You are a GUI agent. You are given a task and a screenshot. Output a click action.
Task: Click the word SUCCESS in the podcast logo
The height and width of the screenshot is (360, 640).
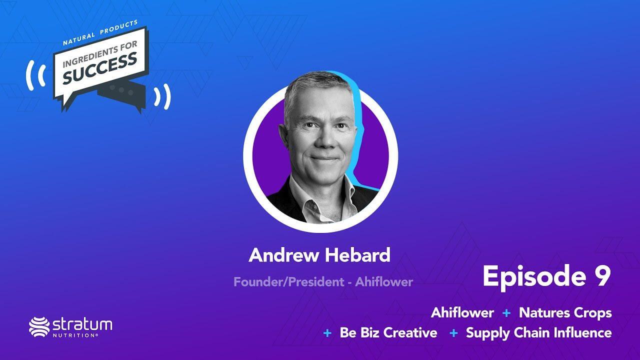(x=100, y=68)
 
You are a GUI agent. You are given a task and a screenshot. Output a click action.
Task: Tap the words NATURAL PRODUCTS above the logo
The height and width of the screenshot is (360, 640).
(x=100, y=32)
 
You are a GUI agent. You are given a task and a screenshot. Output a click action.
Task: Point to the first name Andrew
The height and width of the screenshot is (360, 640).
(x=283, y=255)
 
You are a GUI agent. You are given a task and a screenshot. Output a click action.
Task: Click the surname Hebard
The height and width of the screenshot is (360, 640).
(x=357, y=255)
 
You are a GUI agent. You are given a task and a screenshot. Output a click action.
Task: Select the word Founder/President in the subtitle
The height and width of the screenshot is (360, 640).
(x=289, y=282)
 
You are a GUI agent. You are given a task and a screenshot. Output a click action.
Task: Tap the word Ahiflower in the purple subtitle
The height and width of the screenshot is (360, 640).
(x=384, y=282)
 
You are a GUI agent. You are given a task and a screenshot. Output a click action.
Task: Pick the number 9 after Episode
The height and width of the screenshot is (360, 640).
(x=602, y=276)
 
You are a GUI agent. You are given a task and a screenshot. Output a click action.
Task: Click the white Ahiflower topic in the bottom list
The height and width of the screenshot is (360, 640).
(x=462, y=312)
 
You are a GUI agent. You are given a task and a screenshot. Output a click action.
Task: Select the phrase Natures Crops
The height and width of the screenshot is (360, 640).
(x=565, y=313)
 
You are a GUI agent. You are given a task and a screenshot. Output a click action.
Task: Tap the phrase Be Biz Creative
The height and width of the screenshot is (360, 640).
(x=388, y=333)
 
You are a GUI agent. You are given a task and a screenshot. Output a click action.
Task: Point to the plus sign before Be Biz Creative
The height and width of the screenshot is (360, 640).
(x=327, y=333)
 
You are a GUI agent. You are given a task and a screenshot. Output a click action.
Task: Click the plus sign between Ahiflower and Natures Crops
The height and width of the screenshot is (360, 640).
(x=506, y=313)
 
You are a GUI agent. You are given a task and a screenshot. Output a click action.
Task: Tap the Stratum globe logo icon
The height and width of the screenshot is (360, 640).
(x=39, y=327)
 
